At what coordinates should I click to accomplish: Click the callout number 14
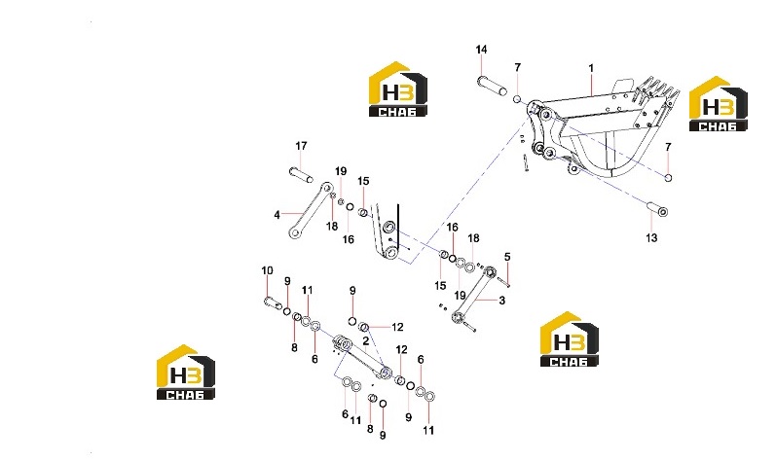[x=481, y=50]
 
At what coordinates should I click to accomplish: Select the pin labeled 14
[x=492, y=86]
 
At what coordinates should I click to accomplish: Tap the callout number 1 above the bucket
[x=591, y=68]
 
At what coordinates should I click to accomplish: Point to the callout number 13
[x=651, y=237]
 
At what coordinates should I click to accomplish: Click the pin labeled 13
[x=658, y=209]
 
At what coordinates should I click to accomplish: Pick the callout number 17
[x=301, y=146]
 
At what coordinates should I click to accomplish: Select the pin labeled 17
[x=301, y=174]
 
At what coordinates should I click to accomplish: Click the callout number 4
[x=277, y=215]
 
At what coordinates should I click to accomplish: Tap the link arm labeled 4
[x=311, y=210]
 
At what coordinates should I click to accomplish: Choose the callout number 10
[x=267, y=270]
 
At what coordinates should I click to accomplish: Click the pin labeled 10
[x=273, y=302]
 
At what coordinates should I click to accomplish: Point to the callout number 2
[x=366, y=341]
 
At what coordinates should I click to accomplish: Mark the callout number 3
[x=501, y=300]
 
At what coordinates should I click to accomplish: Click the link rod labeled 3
[x=472, y=295]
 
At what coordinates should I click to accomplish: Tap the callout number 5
[x=507, y=257]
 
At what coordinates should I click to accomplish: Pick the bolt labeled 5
[x=501, y=282]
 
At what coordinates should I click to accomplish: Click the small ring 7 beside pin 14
[x=517, y=99]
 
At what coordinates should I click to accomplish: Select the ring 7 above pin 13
[x=668, y=178]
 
